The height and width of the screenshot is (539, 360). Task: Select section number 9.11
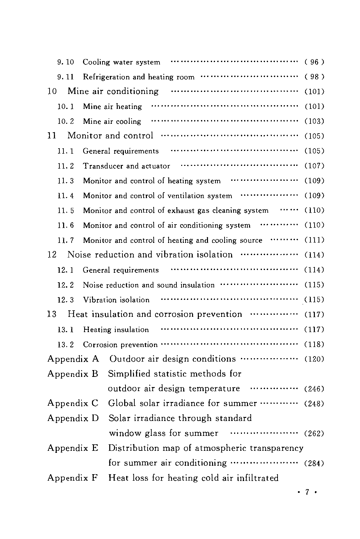click(65, 77)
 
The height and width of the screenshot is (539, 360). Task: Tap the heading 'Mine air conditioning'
click(113, 91)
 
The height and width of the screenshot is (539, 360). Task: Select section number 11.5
click(65, 211)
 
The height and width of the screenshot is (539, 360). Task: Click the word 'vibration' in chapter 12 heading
click(175, 255)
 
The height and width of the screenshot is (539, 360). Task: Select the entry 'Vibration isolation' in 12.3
click(116, 300)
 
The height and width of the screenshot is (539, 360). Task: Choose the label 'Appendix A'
click(73, 359)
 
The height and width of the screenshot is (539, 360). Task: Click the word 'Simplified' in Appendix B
click(129, 374)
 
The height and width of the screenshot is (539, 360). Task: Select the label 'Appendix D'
click(73, 418)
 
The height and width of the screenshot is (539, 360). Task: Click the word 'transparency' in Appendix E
click(277, 448)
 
